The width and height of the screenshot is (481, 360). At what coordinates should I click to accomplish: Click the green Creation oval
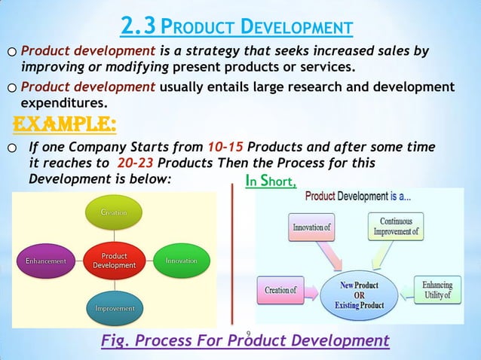pyautogui.click(x=115, y=213)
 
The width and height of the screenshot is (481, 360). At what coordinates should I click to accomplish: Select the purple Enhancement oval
pyautogui.click(x=46, y=261)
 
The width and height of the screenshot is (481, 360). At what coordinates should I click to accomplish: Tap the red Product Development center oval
pyautogui.click(x=115, y=261)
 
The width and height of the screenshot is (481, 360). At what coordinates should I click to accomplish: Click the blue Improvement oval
pyautogui.click(x=115, y=308)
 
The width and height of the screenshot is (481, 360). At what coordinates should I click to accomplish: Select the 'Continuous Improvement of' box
pyautogui.click(x=396, y=227)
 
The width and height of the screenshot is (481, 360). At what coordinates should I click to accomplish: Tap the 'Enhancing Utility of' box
pyautogui.click(x=437, y=290)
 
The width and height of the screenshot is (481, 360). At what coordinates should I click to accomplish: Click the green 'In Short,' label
pyautogui.click(x=271, y=181)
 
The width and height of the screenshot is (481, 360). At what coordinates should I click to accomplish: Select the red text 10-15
pyautogui.click(x=224, y=146)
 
